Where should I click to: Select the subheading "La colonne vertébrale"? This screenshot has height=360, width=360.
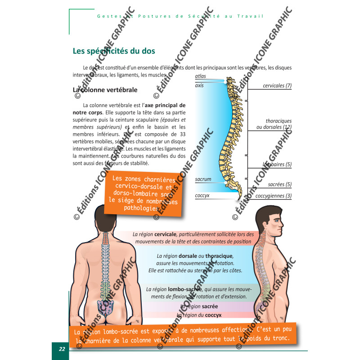click(105, 90)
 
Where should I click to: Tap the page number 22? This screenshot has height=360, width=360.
click(61, 349)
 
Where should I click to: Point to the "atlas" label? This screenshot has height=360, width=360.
click(201, 76)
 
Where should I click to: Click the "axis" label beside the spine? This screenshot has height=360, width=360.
click(199, 85)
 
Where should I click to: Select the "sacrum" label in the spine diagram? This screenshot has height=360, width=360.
click(203, 179)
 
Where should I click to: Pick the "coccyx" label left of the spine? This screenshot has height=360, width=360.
click(202, 196)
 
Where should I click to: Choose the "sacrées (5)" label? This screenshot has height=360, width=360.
click(280, 184)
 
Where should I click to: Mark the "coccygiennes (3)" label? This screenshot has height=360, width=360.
click(274, 196)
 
